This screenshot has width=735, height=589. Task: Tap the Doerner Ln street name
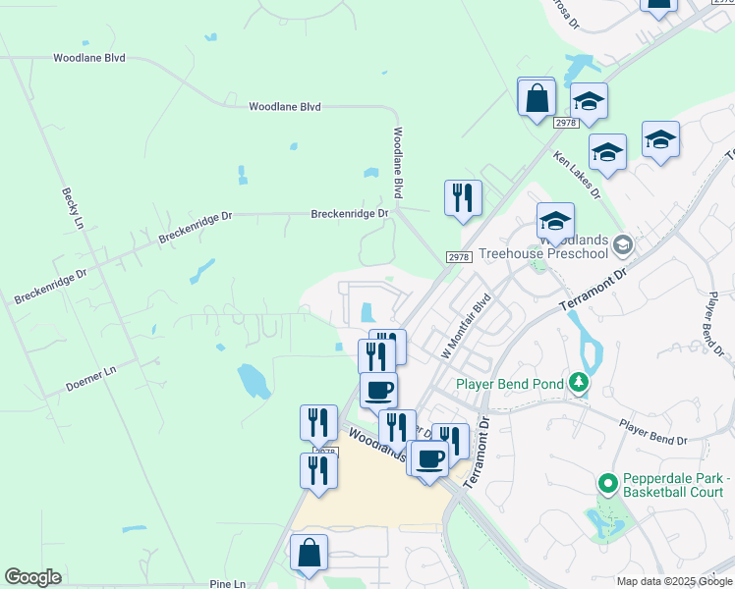point(91,371)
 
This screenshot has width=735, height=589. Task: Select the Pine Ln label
point(228,583)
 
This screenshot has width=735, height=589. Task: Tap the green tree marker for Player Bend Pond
point(580,382)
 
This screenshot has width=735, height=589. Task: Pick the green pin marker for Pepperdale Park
point(607,483)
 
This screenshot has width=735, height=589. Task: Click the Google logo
point(32,577)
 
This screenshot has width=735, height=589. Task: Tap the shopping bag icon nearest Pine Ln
point(310,553)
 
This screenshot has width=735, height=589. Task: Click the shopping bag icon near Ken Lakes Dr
point(537,97)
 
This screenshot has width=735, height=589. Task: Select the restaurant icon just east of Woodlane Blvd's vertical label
point(463,197)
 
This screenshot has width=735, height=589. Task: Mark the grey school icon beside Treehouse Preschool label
point(621,242)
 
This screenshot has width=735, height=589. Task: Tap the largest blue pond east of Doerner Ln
point(253,379)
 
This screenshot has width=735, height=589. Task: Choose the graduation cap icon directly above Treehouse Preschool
point(555,221)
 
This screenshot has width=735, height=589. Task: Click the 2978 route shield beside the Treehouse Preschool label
point(459,256)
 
